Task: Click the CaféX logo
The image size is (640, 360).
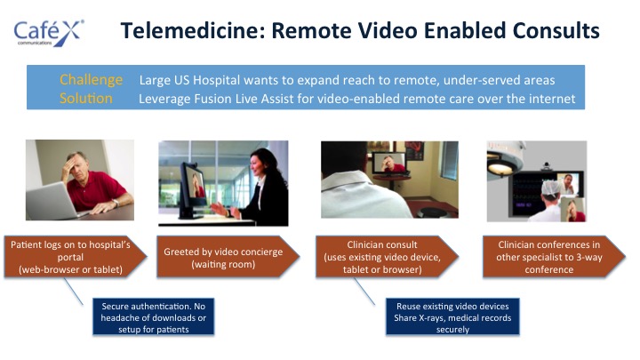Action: click(x=49, y=33)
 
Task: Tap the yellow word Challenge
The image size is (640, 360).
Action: click(x=91, y=80)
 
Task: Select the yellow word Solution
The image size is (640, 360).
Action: click(x=85, y=99)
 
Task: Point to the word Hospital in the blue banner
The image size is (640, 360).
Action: click(x=216, y=80)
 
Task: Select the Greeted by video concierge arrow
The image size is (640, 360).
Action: click(x=228, y=257)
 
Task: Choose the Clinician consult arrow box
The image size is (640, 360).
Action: click(x=387, y=257)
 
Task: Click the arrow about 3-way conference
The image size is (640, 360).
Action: click(x=554, y=257)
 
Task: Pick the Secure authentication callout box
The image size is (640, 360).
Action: click(x=154, y=317)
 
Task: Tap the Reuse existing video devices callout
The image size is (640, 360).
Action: click(x=452, y=317)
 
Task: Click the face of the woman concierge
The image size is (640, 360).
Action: click(x=257, y=164)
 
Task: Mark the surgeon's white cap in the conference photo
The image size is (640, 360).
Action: click(x=551, y=188)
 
